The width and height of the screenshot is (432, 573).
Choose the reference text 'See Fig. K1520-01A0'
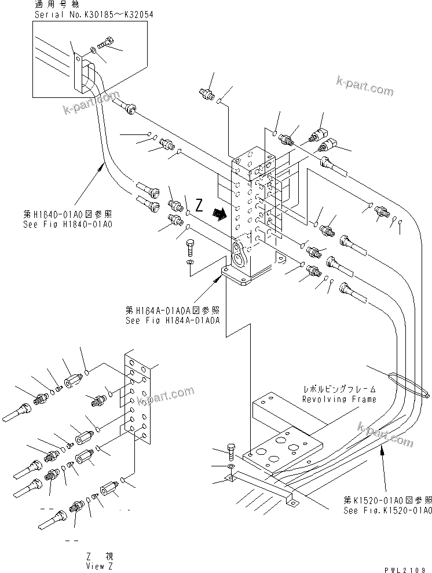tap(387, 510)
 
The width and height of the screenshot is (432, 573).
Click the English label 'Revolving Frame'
tap(339, 399)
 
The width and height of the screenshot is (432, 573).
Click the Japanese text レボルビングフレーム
tap(339, 390)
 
